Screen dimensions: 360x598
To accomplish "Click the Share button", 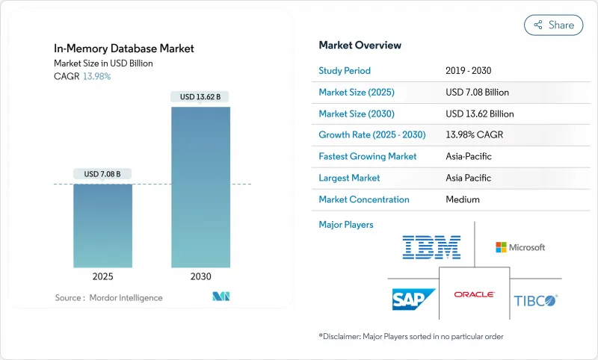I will coord(553,25).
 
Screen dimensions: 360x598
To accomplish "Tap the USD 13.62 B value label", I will coord(200,96).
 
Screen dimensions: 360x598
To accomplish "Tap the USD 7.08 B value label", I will coord(102,174).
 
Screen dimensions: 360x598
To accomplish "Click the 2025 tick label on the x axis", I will coord(102,276).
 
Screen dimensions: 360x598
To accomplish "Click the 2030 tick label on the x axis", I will coord(200,276).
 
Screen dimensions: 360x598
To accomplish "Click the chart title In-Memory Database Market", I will coord(124,49).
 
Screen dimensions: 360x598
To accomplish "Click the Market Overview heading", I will coord(360,46).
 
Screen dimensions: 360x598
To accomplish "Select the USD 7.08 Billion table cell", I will coord(477,93).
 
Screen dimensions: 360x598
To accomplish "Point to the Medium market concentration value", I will coord(462,199).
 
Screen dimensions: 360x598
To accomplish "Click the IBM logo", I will coord(431,247).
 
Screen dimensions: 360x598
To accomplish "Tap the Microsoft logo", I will coord(520,247).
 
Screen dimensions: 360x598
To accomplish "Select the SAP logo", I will coord(413,300).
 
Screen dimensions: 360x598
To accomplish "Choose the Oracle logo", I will coord(474,295).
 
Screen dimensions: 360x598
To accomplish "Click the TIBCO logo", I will coord(535,300).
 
